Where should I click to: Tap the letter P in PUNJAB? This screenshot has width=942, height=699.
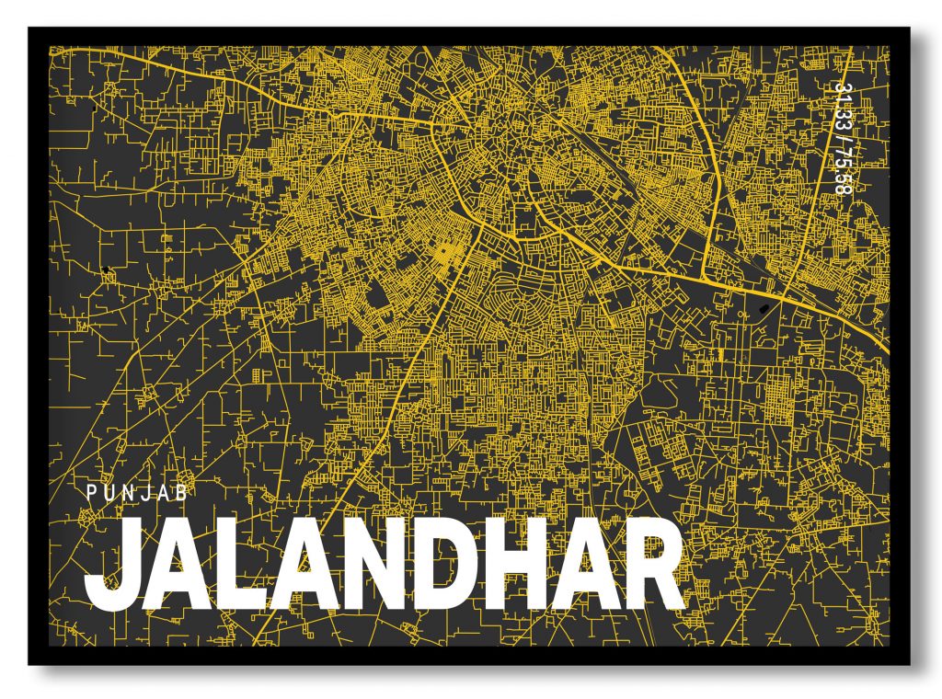point(91,492)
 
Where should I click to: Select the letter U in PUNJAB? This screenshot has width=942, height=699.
point(109,492)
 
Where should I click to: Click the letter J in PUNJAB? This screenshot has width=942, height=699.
point(146,492)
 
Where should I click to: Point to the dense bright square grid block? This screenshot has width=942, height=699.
point(448,254)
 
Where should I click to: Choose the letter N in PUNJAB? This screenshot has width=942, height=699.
point(128,492)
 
